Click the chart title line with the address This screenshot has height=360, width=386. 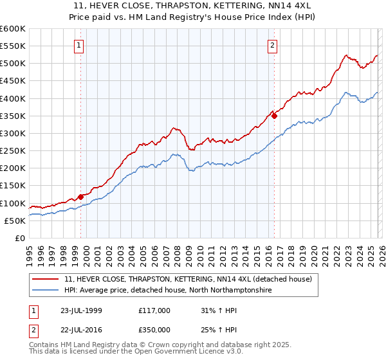tap(192, 4)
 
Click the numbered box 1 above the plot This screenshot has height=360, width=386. tap(78, 45)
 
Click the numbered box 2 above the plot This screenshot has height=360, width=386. tap(273, 45)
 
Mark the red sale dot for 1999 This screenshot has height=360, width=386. tap(81, 197)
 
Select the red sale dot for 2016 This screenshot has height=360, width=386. tap(274, 116)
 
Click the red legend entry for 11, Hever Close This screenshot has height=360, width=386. tap(188, 279)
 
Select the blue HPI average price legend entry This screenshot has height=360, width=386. tap(168, 291)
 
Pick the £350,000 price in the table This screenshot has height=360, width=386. tap(154, 330)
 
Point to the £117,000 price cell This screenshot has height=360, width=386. tap(154, 310)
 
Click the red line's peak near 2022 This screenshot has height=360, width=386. tap(345, 55)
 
